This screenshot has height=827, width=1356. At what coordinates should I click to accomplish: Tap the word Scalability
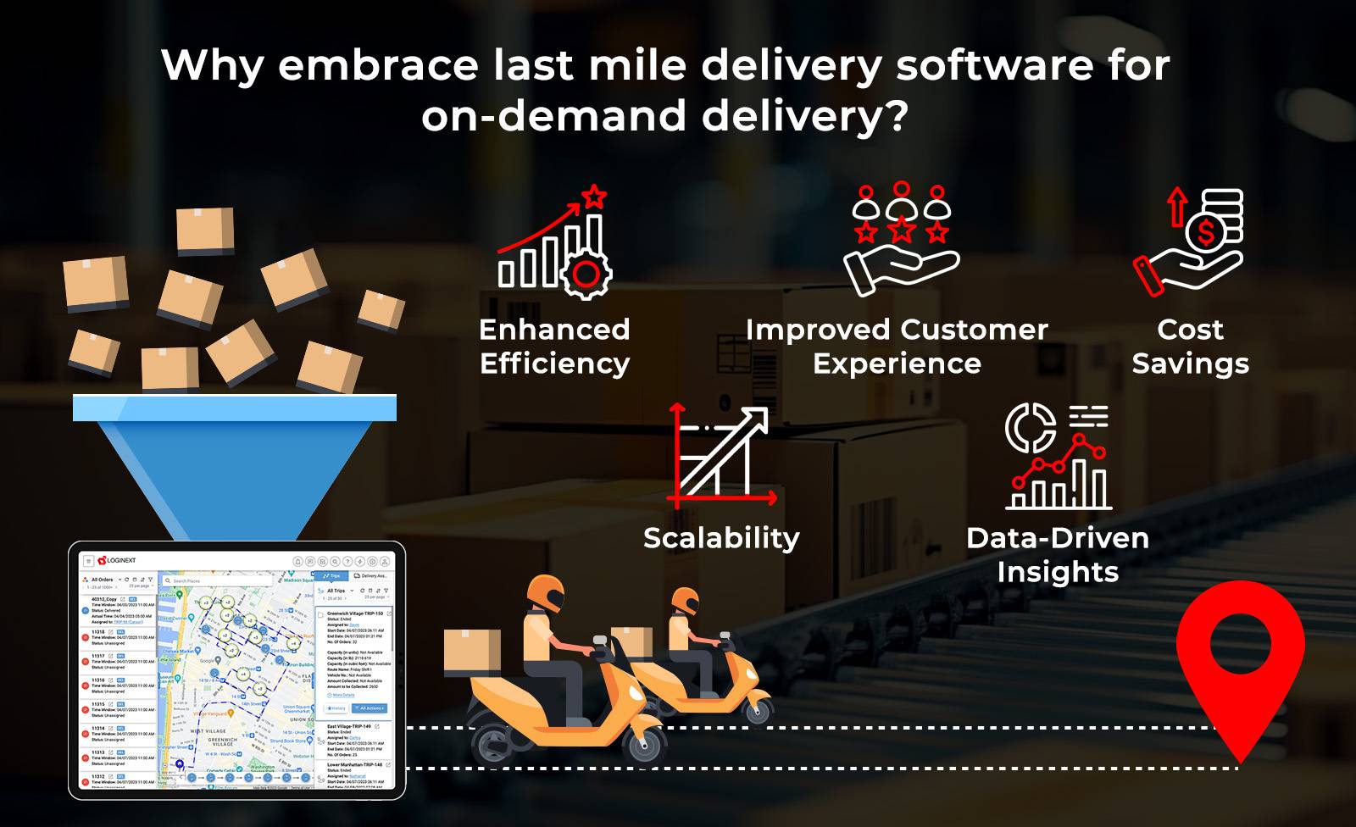click(x=721, y=538)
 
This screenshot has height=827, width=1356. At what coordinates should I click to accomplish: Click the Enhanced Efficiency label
click(x=554, y=346)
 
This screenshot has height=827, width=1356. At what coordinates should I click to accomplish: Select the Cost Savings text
click(x=1190, y=346)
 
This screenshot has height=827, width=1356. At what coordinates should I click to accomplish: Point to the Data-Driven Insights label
click(x=1058, y=554)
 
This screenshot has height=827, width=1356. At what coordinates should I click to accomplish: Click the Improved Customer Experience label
click(x=897, y=346)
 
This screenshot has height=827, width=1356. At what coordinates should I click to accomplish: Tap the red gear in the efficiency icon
click(x=586, y=274)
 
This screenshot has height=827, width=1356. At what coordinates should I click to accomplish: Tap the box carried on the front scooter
click(x=471, y=652)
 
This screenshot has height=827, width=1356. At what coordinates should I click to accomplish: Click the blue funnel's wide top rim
click(x=235, y=408)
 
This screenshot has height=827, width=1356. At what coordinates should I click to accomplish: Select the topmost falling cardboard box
click(x=204, y=230)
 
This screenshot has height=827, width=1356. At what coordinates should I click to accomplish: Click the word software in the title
click(x=993, y=65)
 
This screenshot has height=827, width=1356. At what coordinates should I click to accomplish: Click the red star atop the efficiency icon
click(x=595, y=197)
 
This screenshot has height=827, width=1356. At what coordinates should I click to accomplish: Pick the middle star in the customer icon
click(x=901, y=229)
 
